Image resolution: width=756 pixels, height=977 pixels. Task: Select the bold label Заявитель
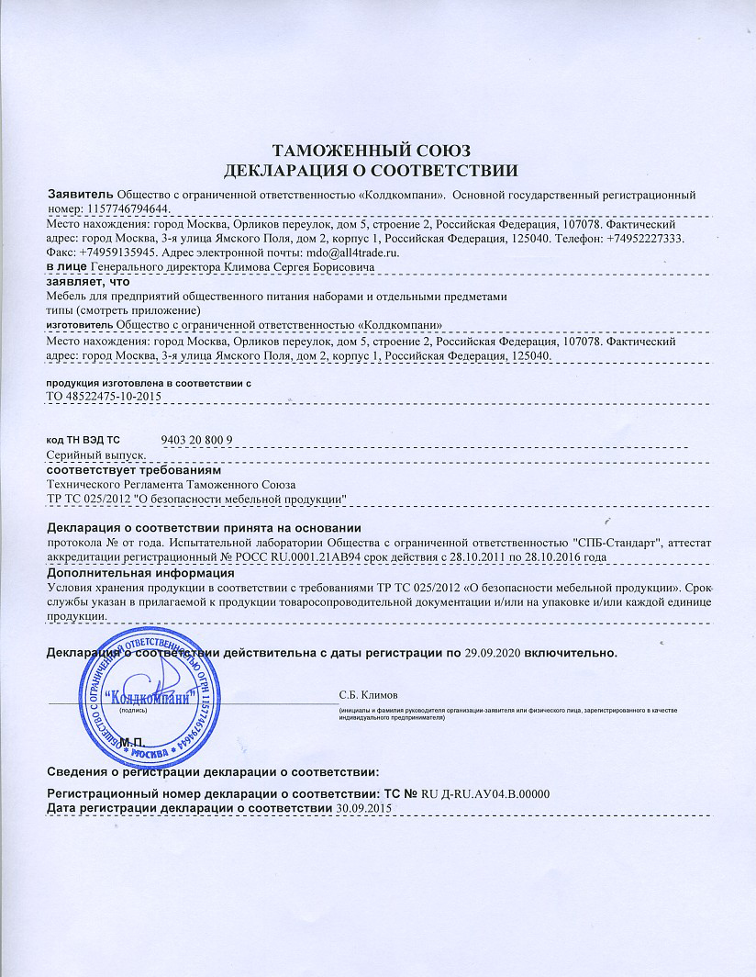(80, 196)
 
